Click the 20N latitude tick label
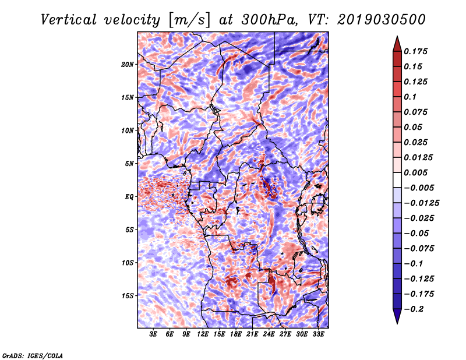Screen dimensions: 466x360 pyautogui.click(x=128, y=65)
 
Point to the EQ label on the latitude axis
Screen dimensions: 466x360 pyautogui.click(x=129, y=197)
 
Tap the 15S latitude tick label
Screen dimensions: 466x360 pyautogui.click(x=128, y=296)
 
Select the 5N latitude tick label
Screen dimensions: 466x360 pyautogui.click(x=129, y=164)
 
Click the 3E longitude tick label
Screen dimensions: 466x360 pyautogui.click(x=153, y=334)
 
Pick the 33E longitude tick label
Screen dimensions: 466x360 pyautogui.click(x=318, y=334)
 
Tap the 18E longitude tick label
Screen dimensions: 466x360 pyautogui.click(x=236, y=334)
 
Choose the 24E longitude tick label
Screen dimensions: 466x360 pyautogui.click(x=269, y=334)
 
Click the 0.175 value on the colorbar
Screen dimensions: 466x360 pyautogui.click(x=415, y=51)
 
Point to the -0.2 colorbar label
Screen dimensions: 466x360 pyautogui.click(x=414, y=309)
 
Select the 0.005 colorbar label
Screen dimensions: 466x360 pyautogui.click(x=415, y=172)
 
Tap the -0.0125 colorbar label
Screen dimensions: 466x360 pyautogui.click(x=421, y=203)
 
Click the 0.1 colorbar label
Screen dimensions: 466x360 pyautogui.click(x=410, y=97)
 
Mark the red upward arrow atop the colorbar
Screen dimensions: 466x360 pyautogui.click(x=397, y=45)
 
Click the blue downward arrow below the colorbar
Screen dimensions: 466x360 pyautogui.click(x=397, y=316)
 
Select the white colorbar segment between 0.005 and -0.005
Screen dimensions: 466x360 pyautogui.click(x=397, y=180)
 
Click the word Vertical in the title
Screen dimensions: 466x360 pyautogui.click(x=69, y=20)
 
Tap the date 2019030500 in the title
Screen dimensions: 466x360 pyautogui.click(x=382, y=20)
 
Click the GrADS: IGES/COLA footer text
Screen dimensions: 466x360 pyautogui.click(x=33, y=355)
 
